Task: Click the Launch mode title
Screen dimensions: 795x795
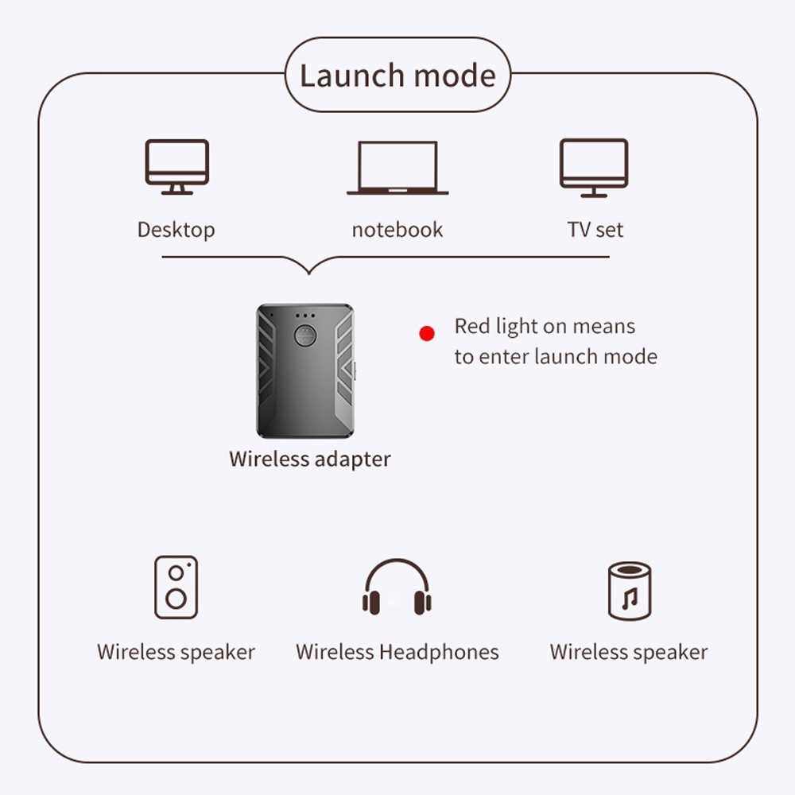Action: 397,76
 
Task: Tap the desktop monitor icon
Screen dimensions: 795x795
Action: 176,166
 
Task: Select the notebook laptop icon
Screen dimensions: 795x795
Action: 397,168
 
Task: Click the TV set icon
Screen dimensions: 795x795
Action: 594,168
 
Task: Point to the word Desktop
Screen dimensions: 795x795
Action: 176,230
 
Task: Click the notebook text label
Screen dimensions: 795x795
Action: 397,230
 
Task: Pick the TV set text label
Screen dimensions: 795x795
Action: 595,230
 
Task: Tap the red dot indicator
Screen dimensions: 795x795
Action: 427,334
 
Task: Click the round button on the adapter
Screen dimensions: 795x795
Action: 304,335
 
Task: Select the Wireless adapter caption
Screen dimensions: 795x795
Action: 310,459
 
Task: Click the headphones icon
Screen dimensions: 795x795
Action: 397,588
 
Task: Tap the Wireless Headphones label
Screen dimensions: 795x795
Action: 397,652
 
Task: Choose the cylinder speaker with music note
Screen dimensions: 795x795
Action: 629,590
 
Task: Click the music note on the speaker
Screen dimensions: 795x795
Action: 629,598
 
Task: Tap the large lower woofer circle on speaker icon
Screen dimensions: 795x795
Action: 176,598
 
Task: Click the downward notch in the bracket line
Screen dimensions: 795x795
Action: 308,269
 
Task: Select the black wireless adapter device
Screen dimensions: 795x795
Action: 304,370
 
